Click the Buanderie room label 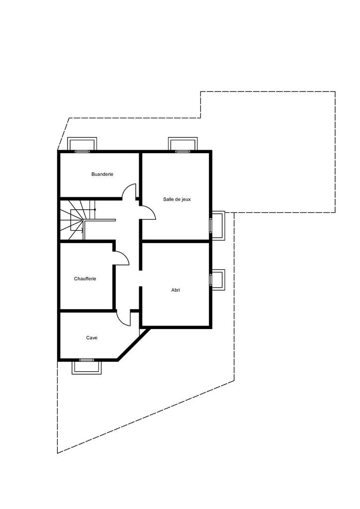tap(102, 174)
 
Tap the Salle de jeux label tap(177, 199)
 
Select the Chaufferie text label tap(85, 279)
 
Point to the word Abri tap(176, 290)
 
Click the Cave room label tap(91, 338)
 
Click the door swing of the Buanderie tap(130, 191)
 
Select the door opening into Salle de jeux tap(148, 213)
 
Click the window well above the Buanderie tap(83, 144)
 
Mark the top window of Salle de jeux tap(183, 144)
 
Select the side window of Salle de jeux tap(218, 225)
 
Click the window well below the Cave tap(87, 367)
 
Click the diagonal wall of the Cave tap(133, 344)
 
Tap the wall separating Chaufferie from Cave tap(88, 311)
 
